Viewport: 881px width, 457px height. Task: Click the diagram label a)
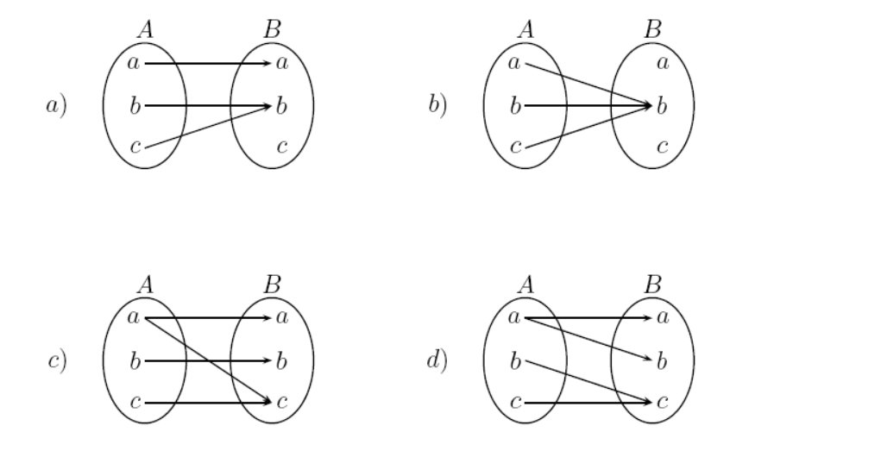point(58,107)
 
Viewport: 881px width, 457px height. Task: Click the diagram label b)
point(437,107)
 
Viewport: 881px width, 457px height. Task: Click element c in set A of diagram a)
point(134,147)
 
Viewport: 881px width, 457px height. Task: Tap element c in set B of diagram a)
point(282,147)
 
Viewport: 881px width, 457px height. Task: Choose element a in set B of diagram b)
point(663,64)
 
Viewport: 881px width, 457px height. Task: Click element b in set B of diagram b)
point(663,107)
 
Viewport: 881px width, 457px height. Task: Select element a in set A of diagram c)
point(134,318)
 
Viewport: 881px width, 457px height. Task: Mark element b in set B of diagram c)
point(282,360)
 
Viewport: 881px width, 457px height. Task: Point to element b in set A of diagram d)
point(515,360)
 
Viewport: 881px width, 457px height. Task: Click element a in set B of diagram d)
point(663,318)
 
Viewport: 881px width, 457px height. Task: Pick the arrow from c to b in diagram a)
point(207,128)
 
